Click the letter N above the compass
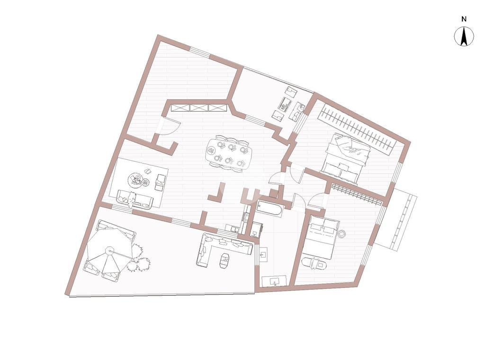click(x=464, y=19)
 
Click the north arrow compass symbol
click(x=464, y=37)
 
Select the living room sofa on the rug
click(x=134, y=199)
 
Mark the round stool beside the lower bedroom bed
click(x=341, y=234)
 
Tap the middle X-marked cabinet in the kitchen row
click(x=199, y=108)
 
